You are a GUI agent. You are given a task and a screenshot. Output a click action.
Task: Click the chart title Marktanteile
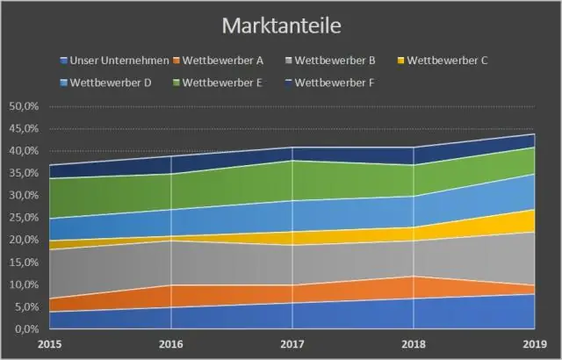coord(280,23)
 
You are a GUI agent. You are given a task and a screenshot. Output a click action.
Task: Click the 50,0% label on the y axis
coord(23,106)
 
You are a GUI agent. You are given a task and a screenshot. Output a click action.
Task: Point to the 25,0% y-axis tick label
coord(23,218)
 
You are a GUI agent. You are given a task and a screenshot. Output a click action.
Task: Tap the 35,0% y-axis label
coord(23,173)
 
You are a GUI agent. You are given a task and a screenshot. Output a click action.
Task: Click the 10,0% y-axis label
coord(23,284)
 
